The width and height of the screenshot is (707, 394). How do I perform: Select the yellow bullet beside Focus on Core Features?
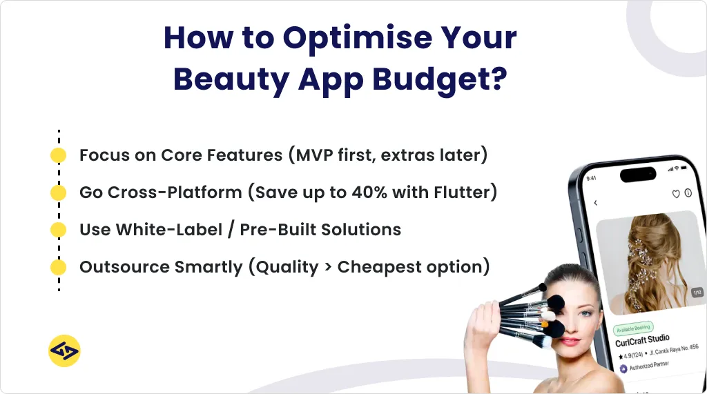coord(59,155)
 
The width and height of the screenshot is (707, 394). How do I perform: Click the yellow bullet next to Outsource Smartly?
coord(59,267)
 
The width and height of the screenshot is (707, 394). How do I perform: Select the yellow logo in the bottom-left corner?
coord(64,351)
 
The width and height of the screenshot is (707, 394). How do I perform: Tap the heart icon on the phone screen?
coord(676,194)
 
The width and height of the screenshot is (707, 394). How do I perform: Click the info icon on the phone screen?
coord(688,194)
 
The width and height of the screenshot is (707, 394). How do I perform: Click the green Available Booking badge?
coord(633,328)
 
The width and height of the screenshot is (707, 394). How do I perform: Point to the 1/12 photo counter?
coord(697,293)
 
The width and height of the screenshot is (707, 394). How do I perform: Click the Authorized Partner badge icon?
coord(623,368)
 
